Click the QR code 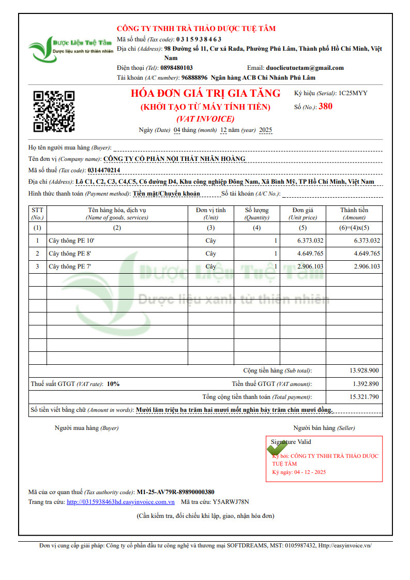[x=54, y=111]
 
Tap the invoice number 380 [x=326, y=107]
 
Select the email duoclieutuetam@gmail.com [x=305, y=68]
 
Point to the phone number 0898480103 [x=177, y=68]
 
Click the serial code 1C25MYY [x=353, y=94]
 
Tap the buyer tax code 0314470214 [x=104, y=170]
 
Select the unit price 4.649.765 [x=310, y=254]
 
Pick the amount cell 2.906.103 [x=367, y=266]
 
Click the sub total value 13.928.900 [x=364, y=370]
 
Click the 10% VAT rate [x=113, y=384]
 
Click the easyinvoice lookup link [x=120, y=502]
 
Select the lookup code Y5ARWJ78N [x=231, y=502]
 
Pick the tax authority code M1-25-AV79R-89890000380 [x=175, y=492]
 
